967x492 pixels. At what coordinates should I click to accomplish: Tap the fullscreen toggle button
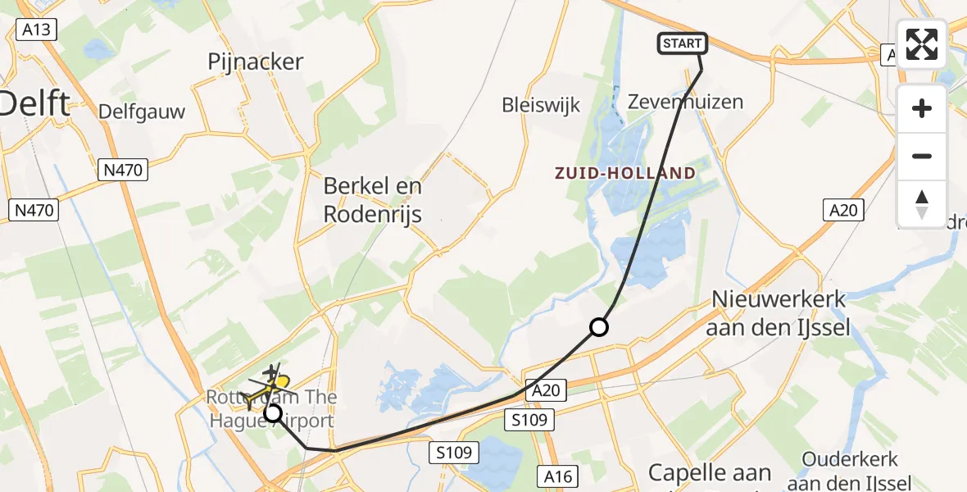922,44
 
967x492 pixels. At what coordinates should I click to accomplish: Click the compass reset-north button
922,204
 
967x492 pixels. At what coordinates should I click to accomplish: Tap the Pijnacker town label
256,61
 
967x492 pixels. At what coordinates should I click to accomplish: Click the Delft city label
34,104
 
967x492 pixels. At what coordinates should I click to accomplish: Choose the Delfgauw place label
142,111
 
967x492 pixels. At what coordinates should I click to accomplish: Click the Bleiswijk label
541,105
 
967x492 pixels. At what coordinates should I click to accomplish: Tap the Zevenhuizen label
674,102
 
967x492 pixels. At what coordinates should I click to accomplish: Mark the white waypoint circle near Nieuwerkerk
599,328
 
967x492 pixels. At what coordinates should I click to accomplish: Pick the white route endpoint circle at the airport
273,413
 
